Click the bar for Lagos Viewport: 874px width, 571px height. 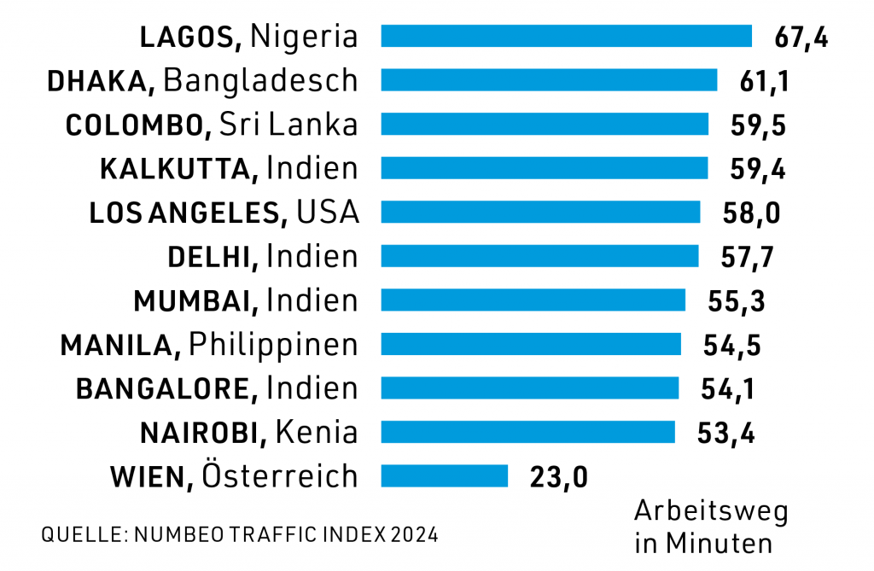coord(566,36)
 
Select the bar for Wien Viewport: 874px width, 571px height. coord(444,475)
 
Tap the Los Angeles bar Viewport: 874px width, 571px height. coord(540,212)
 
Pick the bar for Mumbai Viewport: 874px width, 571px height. coord(533,300)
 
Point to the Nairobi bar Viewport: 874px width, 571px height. coord(527,432)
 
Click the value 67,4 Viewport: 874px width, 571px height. coord(801,38)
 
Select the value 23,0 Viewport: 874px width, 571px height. coord(559,477)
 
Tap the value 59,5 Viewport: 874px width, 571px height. coord(758,125)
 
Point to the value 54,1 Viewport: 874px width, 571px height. coord(728,389)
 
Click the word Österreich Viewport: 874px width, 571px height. coord(279,475)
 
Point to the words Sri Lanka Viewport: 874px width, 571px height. coord(288,125)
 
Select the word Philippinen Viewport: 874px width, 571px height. coord(272,345)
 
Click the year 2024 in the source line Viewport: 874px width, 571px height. coord(416,536)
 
